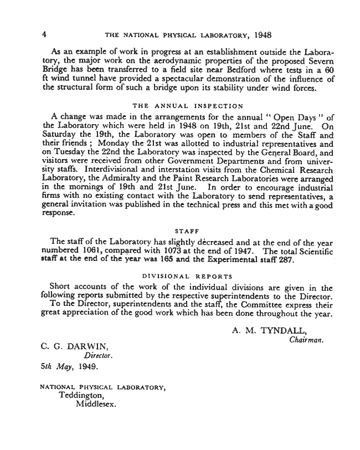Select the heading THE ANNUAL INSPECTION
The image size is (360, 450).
[188, 105]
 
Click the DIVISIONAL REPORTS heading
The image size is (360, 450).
[188, 275]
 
